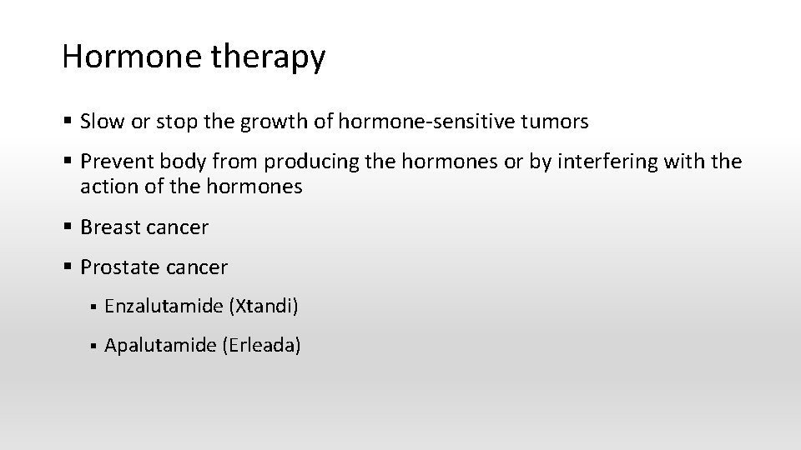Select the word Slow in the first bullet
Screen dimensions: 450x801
point(100,122)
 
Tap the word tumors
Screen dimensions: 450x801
point(556,122)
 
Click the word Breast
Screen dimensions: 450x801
point(108,227)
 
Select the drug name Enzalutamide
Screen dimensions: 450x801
point(163,307)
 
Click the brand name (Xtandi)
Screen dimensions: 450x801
point(263,307)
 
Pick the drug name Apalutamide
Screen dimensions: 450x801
point(160,344)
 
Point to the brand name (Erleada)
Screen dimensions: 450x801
point(261,344)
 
